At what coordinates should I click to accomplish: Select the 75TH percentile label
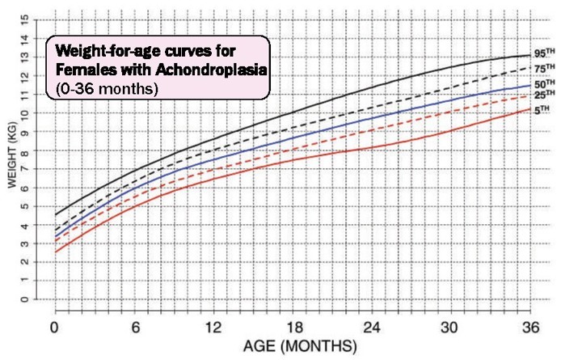pos(545,69)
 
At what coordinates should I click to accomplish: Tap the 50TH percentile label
pos(545,83)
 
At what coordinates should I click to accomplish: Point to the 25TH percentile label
pos(545,95)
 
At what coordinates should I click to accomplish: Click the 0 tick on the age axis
pos(54,328)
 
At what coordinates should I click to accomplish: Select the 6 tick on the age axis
pos(133,328)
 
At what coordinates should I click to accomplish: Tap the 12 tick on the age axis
pos(213,328)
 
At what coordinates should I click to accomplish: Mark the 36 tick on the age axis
pos(530,328)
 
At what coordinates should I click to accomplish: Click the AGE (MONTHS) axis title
pos(300,347)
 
